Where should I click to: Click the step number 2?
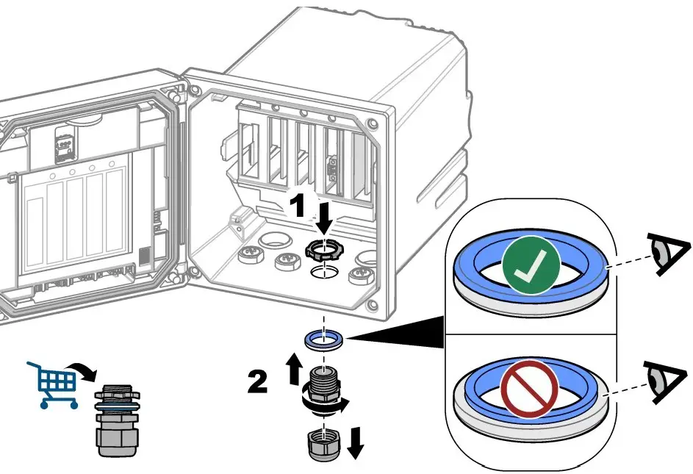pos(256,382)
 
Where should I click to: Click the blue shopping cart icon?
pos(51,381)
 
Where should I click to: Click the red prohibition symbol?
pos(530,388)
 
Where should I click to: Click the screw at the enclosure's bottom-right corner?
pos(373,304)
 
